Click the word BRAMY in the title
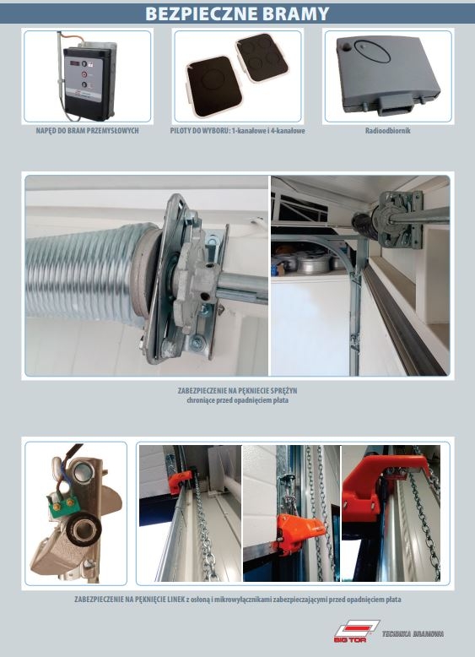(x=295, y=14)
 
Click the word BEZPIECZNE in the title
(x=201, y=14)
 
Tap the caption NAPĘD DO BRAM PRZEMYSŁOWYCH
(x=87, y=131)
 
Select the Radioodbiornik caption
(x=387, y=131)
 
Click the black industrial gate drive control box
(x=88, y=79)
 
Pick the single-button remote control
(x=213, y=87)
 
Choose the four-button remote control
(x=262, y=58)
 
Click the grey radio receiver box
(x=387, y=74)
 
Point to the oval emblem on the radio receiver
(x=372, y=52)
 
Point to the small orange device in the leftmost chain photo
(x=180, y=482)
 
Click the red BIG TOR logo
(x=357, y=632)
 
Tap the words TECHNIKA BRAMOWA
(x=413, y=634)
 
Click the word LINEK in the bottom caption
(x=176, y=600)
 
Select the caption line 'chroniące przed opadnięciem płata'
(x=237, y=400)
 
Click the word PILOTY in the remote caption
(x=181, y=131)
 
